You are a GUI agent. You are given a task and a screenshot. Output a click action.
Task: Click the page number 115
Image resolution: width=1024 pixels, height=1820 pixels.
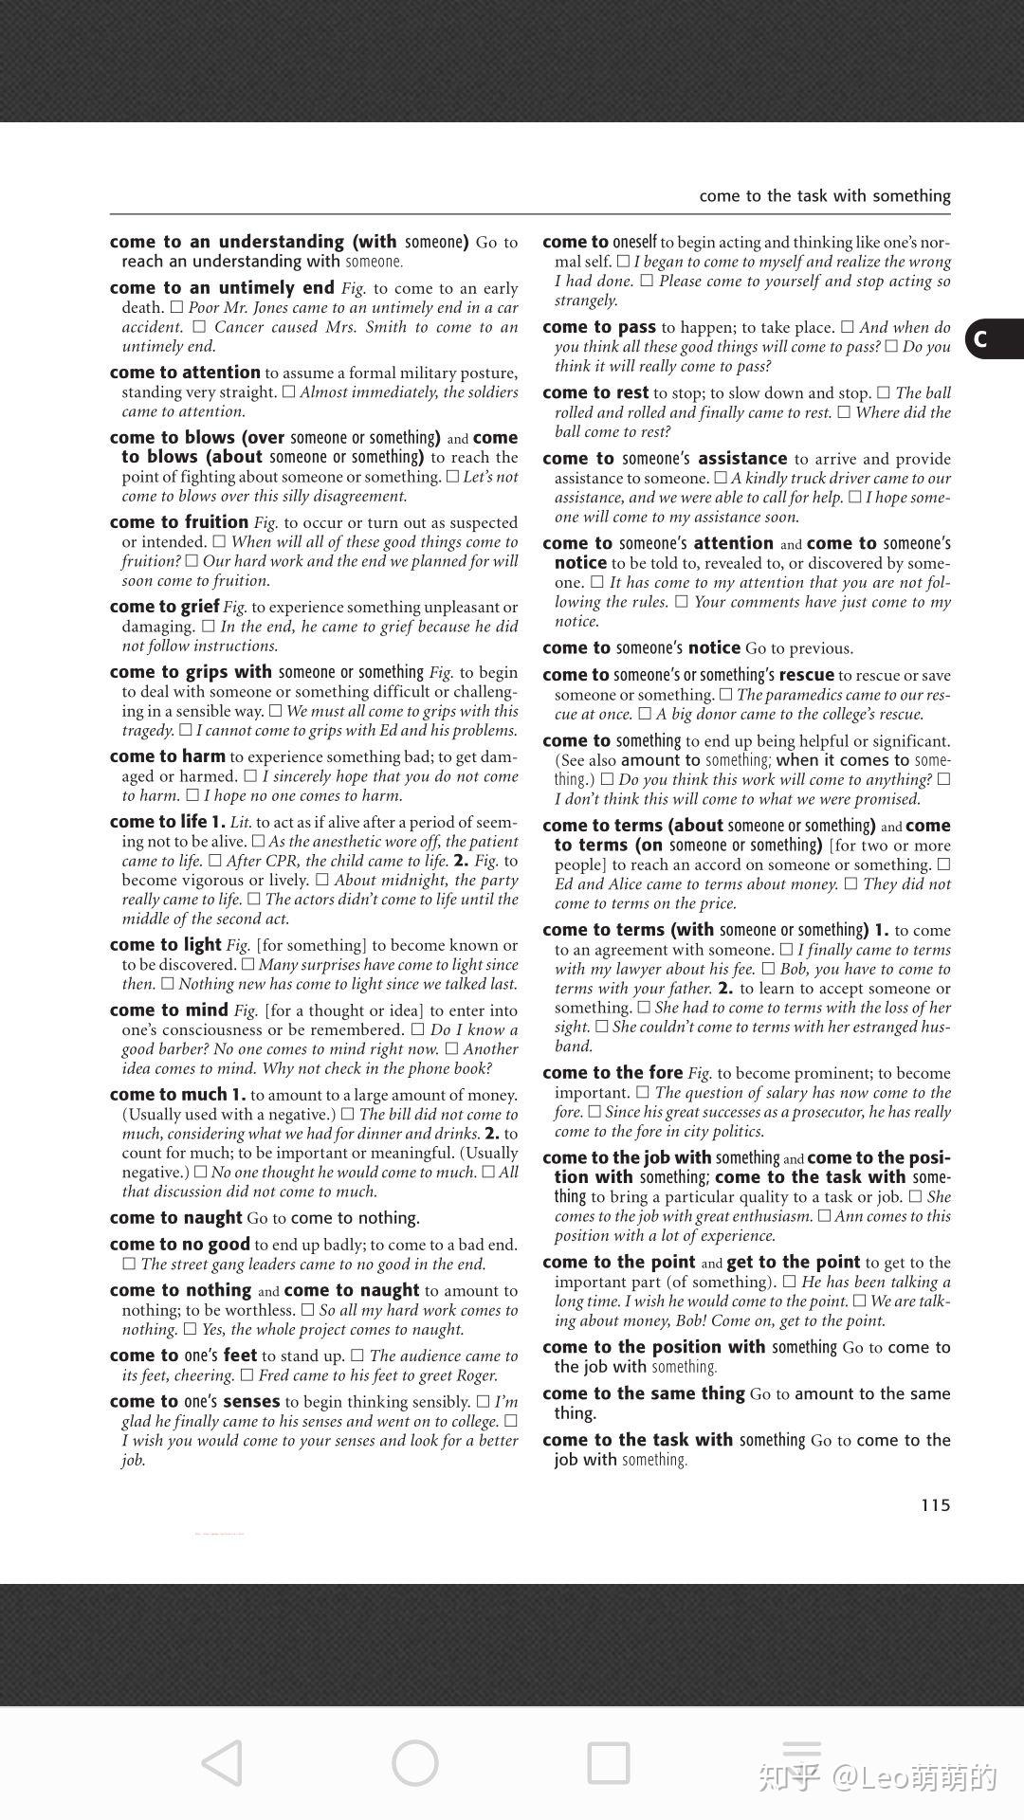pyautogui.click(x=935, y=1505)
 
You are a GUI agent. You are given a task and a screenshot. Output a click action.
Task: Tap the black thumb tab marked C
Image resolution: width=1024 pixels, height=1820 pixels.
pyautogui.click(x=993, y=338)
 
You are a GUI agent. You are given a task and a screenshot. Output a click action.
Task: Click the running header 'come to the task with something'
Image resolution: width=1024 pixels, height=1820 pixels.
pyautogui.click(x=824, y=196)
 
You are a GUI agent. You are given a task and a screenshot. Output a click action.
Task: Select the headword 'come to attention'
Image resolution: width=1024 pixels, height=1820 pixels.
pyautogui.click(x=185, y=373)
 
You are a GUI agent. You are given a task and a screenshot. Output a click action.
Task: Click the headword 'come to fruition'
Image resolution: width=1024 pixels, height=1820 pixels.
pyautogui.click(x=178, y=522)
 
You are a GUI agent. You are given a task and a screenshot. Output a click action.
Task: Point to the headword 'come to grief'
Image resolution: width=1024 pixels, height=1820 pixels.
pyautogui.click(x=164, y=607)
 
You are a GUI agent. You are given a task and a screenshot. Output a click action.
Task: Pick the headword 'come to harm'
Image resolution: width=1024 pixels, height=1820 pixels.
pyautogui.click(x=167, y=756)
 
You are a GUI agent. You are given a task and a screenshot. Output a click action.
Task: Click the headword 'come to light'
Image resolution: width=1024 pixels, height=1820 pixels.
pyautogui.click(x=165, y=945)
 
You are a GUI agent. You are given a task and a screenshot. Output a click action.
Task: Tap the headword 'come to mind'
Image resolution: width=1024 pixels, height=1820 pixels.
pyautogui.click(x=169, y=1010)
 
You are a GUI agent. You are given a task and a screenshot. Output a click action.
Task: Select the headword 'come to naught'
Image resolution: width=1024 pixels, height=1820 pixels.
pyautogui.click(x=175, y=1218)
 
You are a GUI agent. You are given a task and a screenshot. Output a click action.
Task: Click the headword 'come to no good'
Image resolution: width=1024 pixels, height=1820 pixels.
pyautogui.click(x=179, y=1245)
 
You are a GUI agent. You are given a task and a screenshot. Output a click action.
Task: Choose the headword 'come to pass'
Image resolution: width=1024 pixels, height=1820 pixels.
pyautogui.click(x=599, y=327)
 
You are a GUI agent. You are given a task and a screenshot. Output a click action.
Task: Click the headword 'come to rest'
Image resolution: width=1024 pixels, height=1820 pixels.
pyautogui.click(x=595, y=392)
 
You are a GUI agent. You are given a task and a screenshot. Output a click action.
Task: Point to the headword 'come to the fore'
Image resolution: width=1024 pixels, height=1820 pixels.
pyautogui.click(x=613, y=1073)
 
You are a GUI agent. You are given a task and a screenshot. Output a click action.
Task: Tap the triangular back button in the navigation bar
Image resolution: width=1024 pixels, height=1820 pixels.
pyautogui.click(x=223, y=1763)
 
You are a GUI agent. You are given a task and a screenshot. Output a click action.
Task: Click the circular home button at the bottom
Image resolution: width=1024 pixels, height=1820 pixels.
pyautogui.click(x=415, y=1763)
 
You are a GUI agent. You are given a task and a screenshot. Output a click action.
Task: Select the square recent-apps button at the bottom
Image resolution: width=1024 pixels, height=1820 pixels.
pyautogui.click(x=609, y=1763)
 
